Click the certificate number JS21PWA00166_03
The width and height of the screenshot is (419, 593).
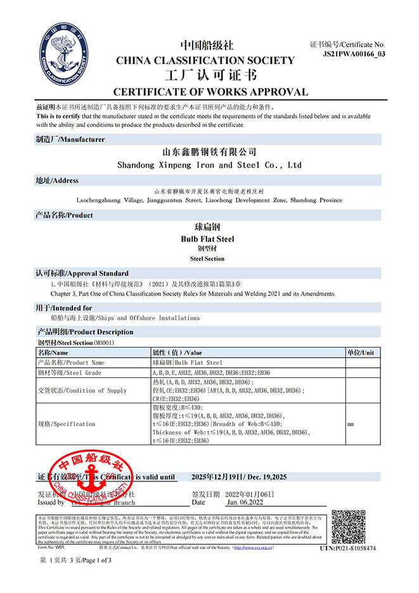354,54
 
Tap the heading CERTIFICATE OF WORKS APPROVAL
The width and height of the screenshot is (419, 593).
210,92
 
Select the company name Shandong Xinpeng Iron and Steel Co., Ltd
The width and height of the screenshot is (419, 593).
209,165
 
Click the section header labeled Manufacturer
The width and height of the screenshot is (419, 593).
70,140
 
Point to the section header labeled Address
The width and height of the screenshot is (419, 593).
57,181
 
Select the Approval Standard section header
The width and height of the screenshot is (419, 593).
82,273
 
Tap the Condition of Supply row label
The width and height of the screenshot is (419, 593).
82,391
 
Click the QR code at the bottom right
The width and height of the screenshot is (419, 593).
348,526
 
